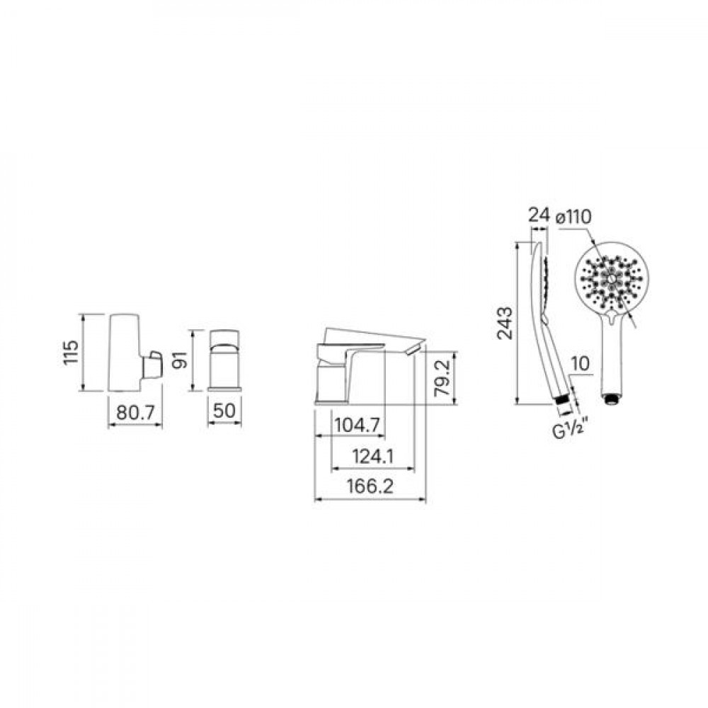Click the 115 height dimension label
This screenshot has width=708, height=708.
click(x=70, y=353)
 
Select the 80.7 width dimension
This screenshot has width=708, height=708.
click(x=135, y=412)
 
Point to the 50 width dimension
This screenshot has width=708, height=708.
click(x=224, y=411)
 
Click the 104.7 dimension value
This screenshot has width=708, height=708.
click(x=358, y=425)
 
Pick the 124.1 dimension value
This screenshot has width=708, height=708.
click(x=373, y=457)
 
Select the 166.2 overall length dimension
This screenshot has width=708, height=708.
click(x=370, y=486)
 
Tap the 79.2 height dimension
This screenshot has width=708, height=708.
click(x=442, y=377)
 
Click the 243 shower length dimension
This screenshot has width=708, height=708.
click(x=505, y=323)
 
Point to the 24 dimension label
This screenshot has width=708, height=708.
click(x=539, y=216)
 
